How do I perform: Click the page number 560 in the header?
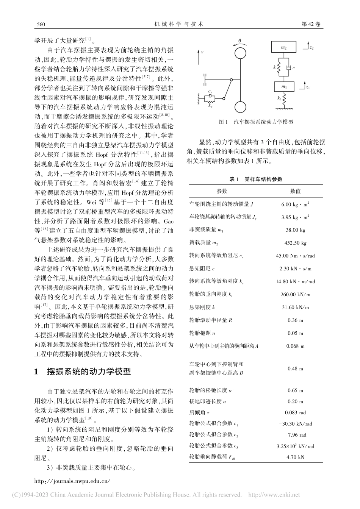(40, 24)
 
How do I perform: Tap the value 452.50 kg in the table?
(295, 243)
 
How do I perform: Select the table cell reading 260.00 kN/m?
(295, 294)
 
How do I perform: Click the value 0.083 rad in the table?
(295, 412)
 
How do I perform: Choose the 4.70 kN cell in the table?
(295, 457)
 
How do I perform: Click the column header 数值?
(295, 191)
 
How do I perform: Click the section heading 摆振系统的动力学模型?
(88, 371)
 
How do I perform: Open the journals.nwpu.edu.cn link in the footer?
(72, 481)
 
